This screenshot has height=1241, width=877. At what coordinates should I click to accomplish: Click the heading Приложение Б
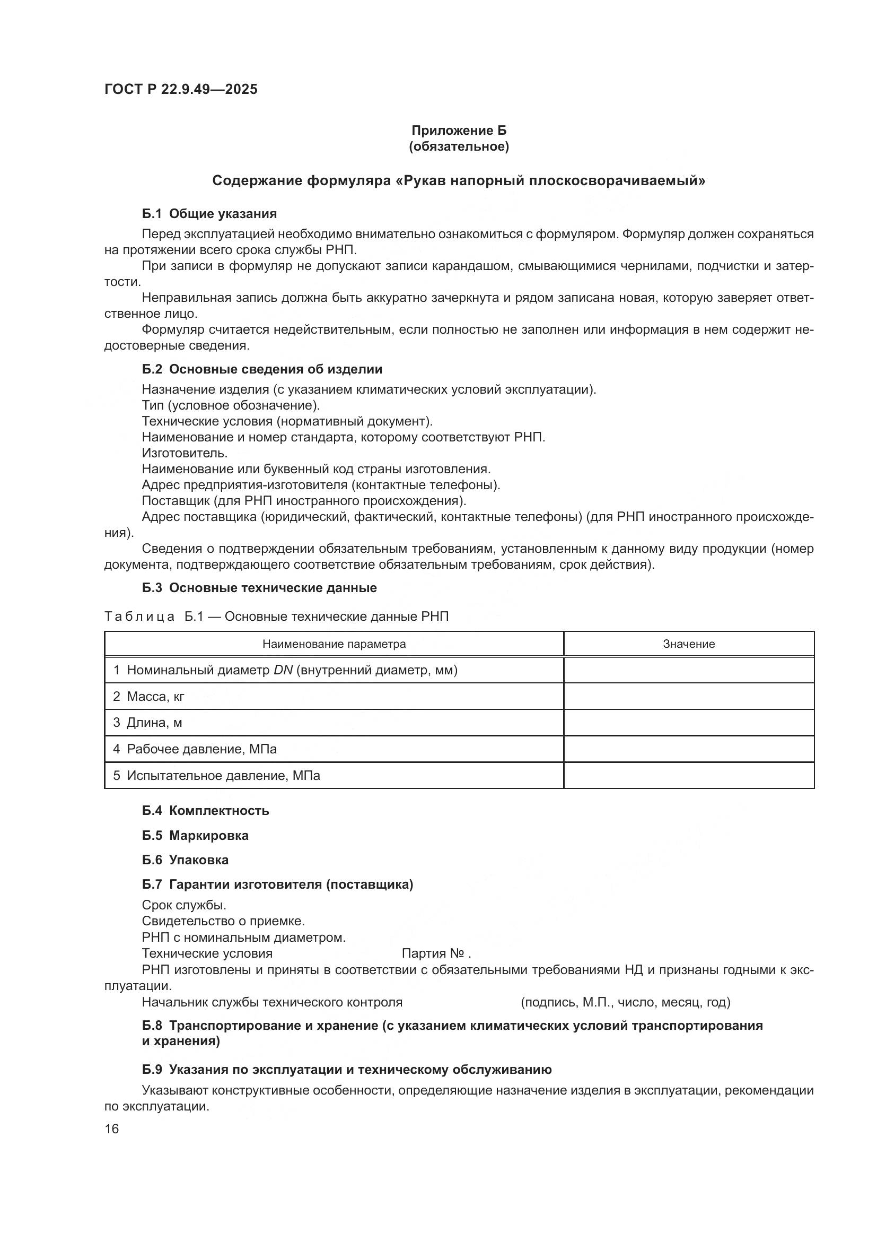point(459,131)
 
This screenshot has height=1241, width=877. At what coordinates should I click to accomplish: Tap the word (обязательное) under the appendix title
point(459,146)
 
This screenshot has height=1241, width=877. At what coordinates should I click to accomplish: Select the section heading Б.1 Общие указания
point(209,213)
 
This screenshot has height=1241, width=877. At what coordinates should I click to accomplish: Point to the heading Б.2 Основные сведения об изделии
point(262,369)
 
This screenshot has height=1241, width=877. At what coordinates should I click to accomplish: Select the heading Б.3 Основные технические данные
point(259,588)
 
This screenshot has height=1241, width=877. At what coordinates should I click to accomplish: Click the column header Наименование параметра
point(334,644)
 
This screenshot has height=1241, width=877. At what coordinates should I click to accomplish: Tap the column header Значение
point(689,644)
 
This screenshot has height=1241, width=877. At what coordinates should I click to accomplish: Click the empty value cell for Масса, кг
point(689,696)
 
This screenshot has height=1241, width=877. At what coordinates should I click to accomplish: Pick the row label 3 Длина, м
point(147,723)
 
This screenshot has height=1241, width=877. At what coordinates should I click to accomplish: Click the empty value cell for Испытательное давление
point(689,776)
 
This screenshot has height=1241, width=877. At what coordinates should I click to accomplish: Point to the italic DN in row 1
point(283,670)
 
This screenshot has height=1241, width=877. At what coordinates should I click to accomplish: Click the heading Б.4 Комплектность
point(205,811)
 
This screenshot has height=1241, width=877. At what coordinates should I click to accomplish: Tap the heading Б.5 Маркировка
point(195,836)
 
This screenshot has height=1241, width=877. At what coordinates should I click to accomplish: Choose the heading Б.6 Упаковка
point(185,860)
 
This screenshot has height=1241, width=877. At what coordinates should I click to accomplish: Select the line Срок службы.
point(184,905)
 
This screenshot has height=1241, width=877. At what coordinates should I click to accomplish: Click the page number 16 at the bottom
point(112,1129)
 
